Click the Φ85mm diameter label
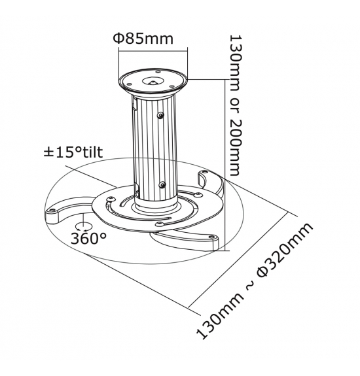(143, 39)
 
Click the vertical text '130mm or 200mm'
(234, 105)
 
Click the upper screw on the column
(160, 116)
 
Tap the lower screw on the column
(162, 184)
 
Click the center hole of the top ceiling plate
(153, 81)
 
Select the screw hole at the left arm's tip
(52, 210)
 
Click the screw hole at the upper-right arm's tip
(205, 172)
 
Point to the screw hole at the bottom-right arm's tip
(211, 237)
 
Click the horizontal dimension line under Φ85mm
(153, 50)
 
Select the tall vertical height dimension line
(225, 165)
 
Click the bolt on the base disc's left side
(111, 199)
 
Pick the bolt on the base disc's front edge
(159, 224)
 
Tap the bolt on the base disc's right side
(197, 194)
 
